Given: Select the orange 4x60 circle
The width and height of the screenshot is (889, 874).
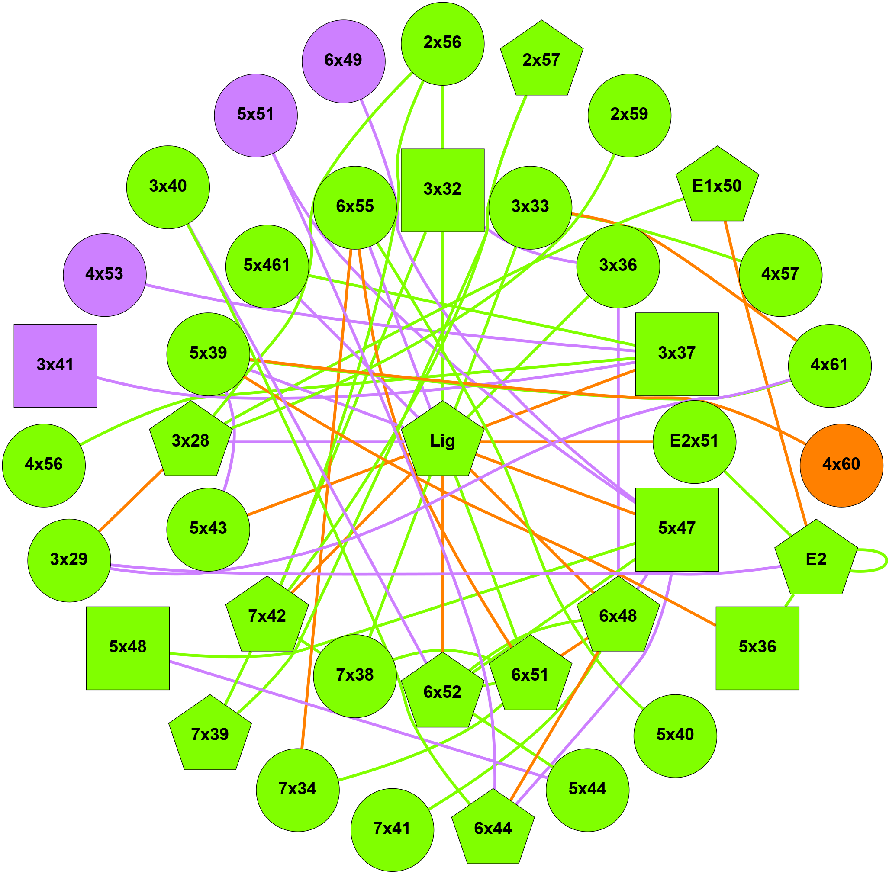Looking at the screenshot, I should [841, 465].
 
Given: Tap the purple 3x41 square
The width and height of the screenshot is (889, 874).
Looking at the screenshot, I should [55, 365].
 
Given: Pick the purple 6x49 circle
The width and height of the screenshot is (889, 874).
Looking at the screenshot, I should [344, 61].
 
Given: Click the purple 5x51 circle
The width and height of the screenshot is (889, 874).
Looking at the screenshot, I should [256, 115].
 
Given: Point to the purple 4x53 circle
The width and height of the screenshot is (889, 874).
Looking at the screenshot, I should [105, 274].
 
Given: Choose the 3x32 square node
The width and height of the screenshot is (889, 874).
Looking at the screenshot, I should [442, 190].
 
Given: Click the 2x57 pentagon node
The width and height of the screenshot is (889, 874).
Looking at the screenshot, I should [541, 61].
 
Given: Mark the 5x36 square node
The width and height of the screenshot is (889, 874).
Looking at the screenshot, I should [757, 648].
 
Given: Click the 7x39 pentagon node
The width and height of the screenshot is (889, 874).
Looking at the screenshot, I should [210, 736].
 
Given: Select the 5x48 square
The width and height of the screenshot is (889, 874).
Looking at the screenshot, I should [128, 648].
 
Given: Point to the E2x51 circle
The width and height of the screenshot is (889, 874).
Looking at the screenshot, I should [694, 442].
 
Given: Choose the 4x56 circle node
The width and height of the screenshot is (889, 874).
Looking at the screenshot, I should [44, 465].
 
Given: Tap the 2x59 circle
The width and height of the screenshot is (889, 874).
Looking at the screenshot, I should [629, 115].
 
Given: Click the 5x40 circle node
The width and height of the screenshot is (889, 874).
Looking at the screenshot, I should [675, 736].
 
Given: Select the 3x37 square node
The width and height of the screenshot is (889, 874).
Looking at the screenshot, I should [676, 354].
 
